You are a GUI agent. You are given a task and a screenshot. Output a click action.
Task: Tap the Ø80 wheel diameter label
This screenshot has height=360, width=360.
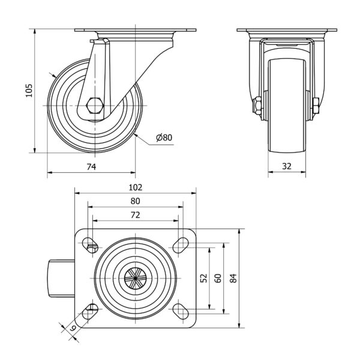pyautogui.click(x=163, y=137)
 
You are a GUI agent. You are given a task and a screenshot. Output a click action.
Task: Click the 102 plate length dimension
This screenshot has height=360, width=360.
pyautogui.click(x=135, y=187)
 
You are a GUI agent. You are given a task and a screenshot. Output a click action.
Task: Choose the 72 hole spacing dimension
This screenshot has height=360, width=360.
pyautogui.click(x=135, y=214)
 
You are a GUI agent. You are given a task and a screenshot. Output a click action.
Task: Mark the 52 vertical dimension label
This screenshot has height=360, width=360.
pyautogui.click(x=203, y=278)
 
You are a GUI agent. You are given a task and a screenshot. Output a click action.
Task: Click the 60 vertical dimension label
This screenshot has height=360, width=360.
pyautogui.click(x=217, y=278)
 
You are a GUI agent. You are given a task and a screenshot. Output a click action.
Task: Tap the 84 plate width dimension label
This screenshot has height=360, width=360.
pyautogui.click(x=233, y=278)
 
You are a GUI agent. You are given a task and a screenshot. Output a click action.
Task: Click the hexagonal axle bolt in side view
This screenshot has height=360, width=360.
pyautogui.click(x=94, y=106)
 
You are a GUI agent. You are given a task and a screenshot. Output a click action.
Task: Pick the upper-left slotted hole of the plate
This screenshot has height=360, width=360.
pyautogui.click(x=91, y=244)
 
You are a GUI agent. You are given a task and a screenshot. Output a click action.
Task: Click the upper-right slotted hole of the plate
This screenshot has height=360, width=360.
pyautogui.click(x=179, y=244)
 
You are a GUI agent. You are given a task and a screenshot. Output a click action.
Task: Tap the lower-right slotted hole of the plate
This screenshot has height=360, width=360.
pyautogui.click(x=179, y=311)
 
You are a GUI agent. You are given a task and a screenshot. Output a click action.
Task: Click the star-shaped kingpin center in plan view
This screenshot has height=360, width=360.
pyautogui.click(x=135, y=278)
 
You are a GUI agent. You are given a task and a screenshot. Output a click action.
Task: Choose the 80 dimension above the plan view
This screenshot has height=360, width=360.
pyautogui.click(x=135, y=200)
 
